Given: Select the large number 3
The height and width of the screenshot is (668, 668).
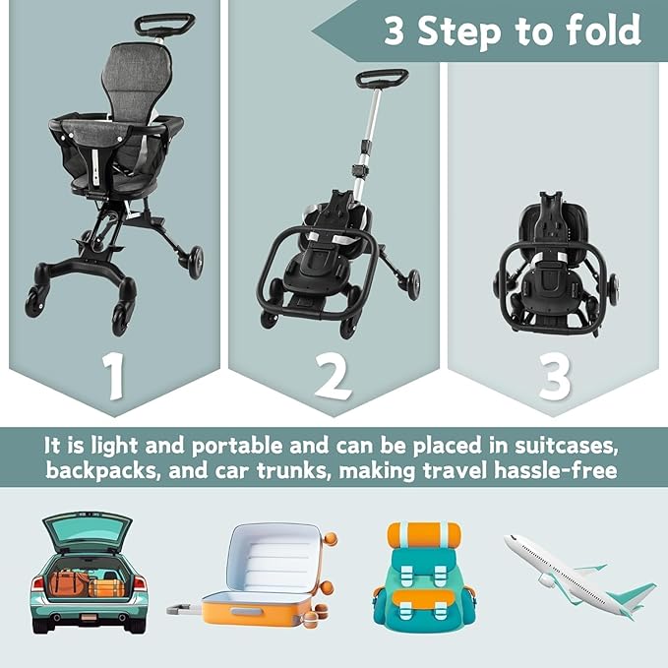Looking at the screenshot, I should click(554, 374).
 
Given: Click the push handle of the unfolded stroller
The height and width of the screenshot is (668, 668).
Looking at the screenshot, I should click(164, 21).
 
